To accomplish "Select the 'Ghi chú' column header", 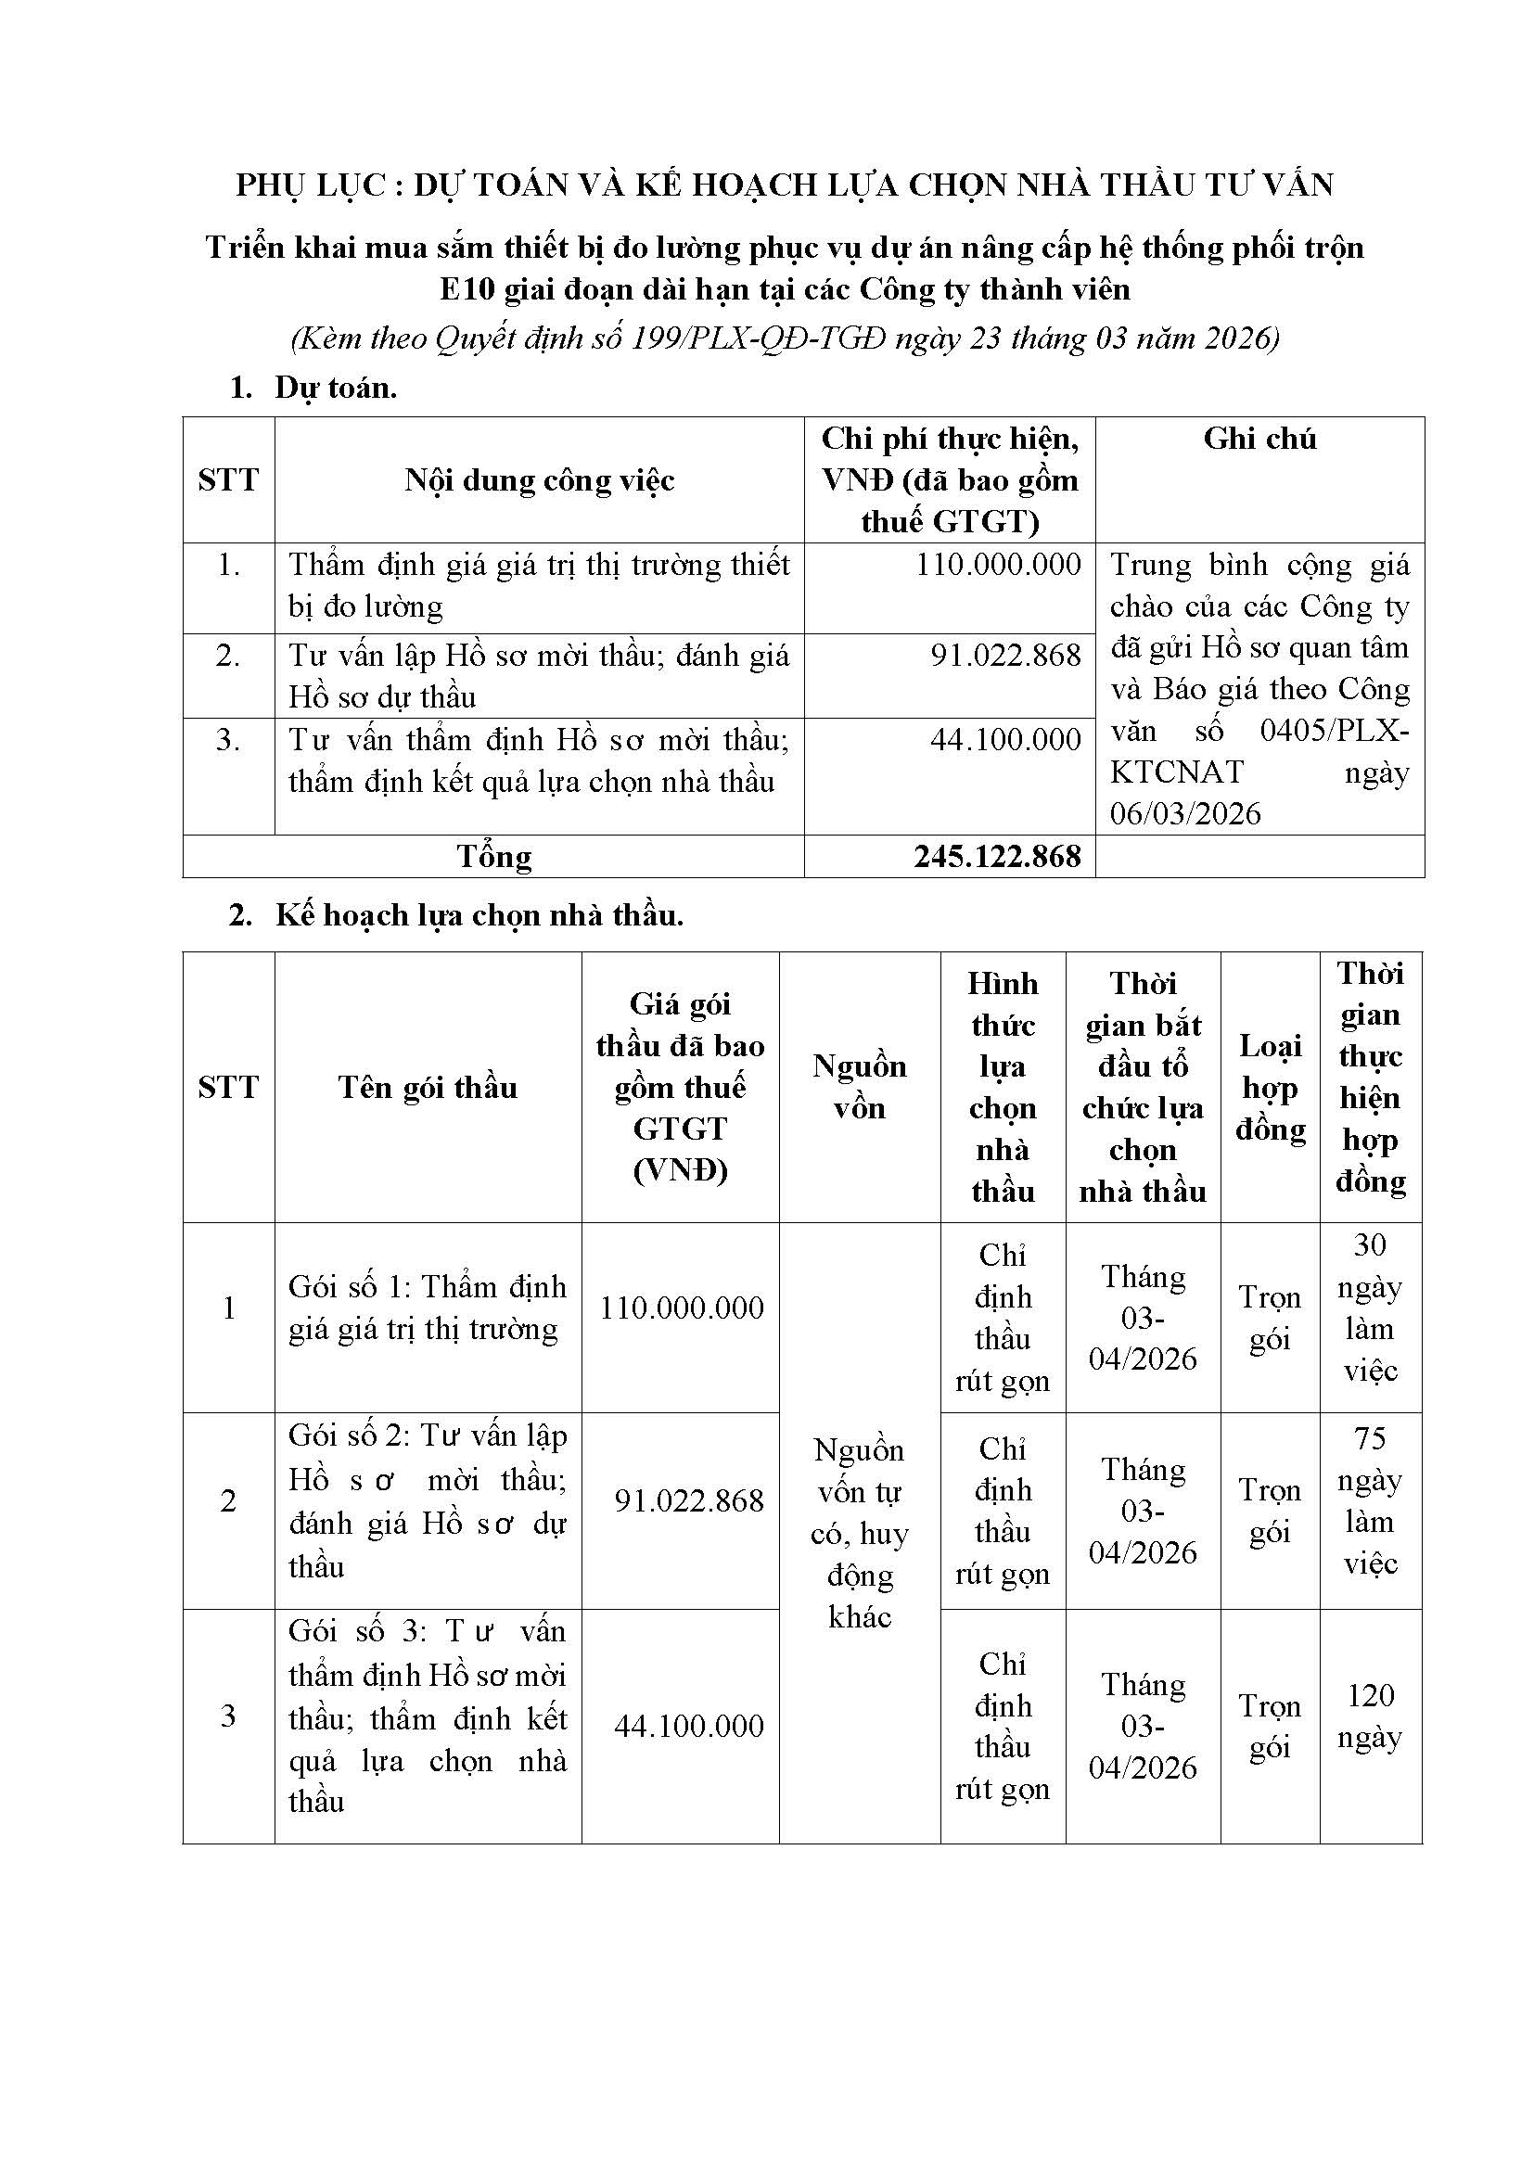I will pyautogui.click(x=1259, y=439).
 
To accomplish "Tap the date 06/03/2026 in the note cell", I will pyautogui.click(x=1185, y=813).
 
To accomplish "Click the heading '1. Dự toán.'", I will pyautogui.click(x=313, y=388).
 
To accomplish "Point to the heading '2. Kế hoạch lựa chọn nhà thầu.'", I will pyautogui.click(x=456, y=914).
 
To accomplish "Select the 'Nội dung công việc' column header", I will pyautogui.click(x=540, y=480).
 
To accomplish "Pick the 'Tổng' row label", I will pyautogui.click(x=494, y=857).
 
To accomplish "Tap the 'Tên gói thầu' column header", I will pyautogui.click(x=428, y=1088).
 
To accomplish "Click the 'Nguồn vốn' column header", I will pyautogui.click(x=860, y=1088).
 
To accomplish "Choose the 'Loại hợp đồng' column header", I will pyautogui.click(x=1271, y=1088).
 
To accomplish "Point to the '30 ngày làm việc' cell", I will pyautogui.click(x=1370, y=1308).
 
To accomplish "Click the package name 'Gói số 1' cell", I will pyautogui.click(x=428, y=1308).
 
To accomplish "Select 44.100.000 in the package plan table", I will pyautogui.click(x=688, y=1726).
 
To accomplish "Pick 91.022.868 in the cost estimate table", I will pyautogui.click(x=1005, y=655).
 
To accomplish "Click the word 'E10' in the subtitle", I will pyautogui.click(x=467, y=289).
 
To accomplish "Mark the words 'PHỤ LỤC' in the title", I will pyautogui.click(x=310, y=185).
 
